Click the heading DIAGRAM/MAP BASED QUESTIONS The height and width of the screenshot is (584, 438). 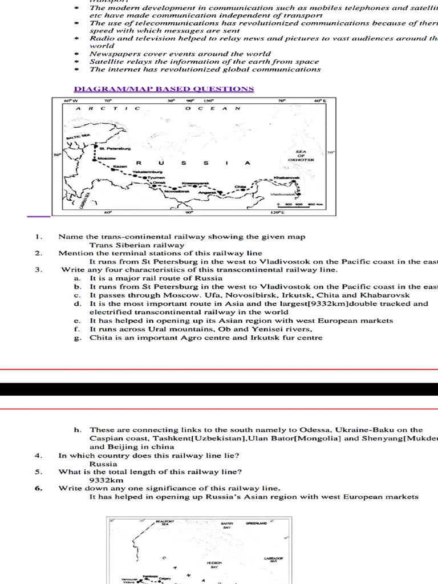tap(164, 89)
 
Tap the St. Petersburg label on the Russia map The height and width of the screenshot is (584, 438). tap(115, 148)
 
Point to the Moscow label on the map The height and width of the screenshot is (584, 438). tap(107, 158)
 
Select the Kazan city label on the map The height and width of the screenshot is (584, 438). tap(120, 167)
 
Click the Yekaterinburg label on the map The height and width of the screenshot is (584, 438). tap(148, 172)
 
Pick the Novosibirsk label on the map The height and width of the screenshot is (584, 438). tap(177, 191)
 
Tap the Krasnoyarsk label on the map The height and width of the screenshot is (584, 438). tap(195, 184)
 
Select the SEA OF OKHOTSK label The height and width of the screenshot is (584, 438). tap(301, 156)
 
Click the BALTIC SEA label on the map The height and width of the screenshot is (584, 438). tap(78, 137)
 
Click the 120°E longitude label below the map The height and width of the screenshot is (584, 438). tap(278, 213)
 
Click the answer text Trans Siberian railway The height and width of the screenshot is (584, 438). tap(137, 245)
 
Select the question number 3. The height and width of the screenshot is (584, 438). tap(38, 270)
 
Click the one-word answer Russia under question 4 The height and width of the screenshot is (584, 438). tap(103, 464)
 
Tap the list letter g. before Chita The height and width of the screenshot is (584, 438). tap(76, 338)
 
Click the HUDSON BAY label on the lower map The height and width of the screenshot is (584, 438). tap(214, 564)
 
